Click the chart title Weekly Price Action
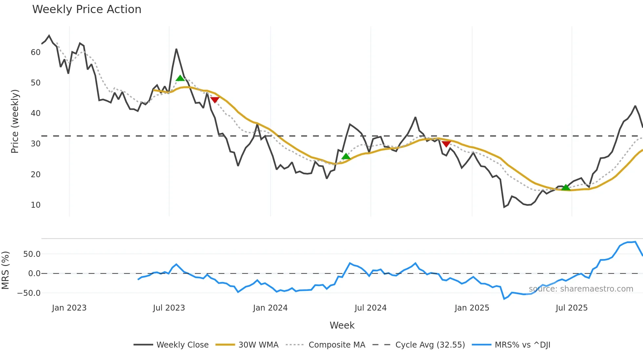87,9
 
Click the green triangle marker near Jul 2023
180,78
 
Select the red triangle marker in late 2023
215,100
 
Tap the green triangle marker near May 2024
346,156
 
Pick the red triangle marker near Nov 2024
446,144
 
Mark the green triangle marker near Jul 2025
566,187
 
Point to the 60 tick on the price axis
35,52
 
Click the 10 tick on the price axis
35,205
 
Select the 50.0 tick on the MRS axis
32,254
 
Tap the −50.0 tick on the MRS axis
29,293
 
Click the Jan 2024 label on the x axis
270,308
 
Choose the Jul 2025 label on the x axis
571,308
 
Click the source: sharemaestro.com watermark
581,289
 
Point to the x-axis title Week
342,325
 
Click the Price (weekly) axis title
15,121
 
